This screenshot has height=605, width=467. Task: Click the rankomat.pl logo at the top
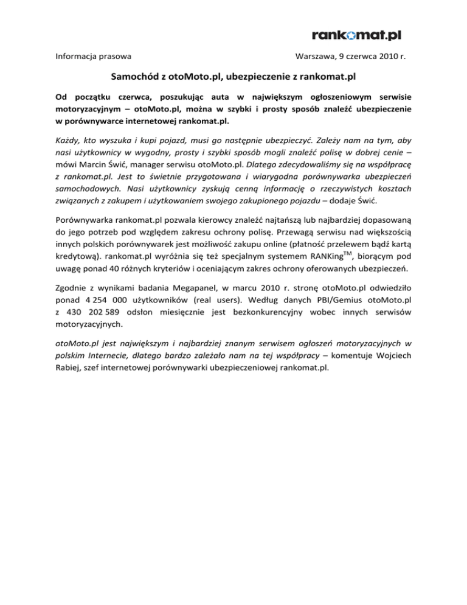[x=356, y=36]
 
